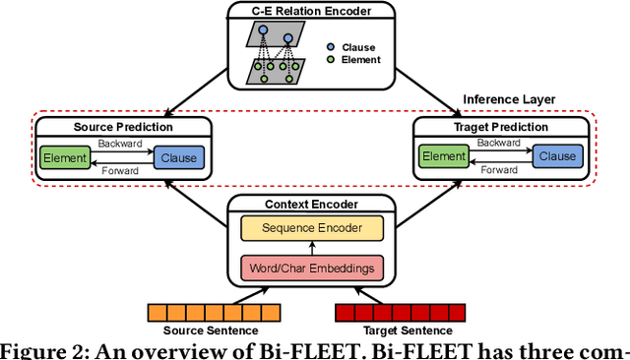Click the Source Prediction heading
[x=123, y=127]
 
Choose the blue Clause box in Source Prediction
[x=177, y=156]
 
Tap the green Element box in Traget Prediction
[x=443, y=156]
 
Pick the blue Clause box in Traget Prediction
[x=557, y=156]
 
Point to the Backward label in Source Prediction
[x=120, y=144]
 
